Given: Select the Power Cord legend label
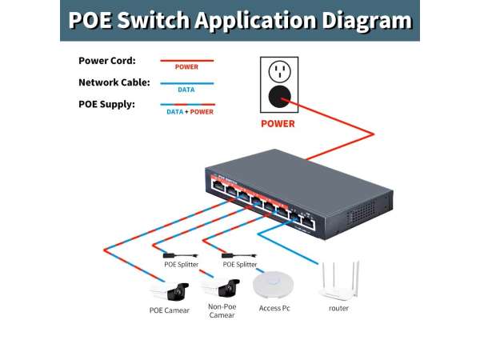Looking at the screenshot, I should pyautogui.click(x=107, y=61).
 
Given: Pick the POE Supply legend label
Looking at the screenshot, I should pyautogui.click(x=106, y=104).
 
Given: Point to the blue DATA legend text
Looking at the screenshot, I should pyautogui.click(x=186, y=90).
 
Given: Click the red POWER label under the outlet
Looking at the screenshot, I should pyautogui.click(x=278, y=124).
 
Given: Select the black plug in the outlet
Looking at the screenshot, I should pyautogui.click(x=278, y=98).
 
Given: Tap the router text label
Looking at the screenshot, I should pyautogui.click(x=338, y=307).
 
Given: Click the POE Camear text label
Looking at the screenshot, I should pyautogui.click(x=170, y=310).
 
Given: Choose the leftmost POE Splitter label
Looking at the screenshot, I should pyautogui.click(x=181, y=263).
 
